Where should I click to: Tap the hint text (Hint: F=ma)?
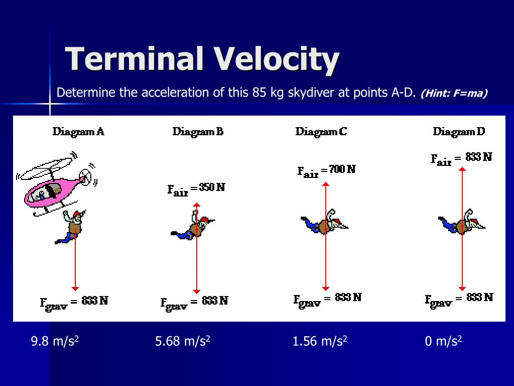[455, 93]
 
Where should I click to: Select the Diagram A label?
[78, 132]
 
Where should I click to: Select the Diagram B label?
[198, 132]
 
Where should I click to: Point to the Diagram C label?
[321, 132]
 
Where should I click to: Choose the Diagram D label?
[459, 132]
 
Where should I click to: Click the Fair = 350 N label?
[196, 189]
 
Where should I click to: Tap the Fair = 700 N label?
[326, 171]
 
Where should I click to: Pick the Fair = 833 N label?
[462, 158]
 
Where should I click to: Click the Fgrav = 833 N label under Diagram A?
[74, 302]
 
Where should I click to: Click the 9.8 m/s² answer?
[55, 342]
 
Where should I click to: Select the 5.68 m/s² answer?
[183, 342]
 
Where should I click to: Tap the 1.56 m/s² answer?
[320, 342]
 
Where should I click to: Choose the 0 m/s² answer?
[443, 342]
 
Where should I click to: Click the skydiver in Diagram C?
[325, 224]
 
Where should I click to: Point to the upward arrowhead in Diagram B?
[197, 205]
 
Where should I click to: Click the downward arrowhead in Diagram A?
[75, 288]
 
